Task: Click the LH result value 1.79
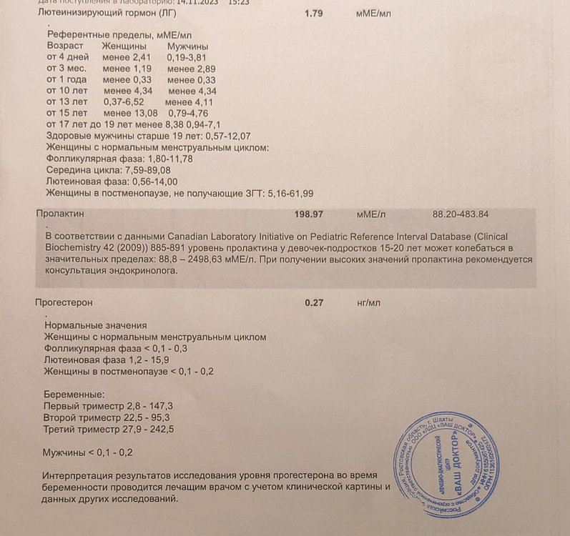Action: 314,14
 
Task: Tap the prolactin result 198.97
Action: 310,214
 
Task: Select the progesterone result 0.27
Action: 314,302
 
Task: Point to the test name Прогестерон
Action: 64,302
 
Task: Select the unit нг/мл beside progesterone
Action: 368,302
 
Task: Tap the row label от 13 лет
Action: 67,102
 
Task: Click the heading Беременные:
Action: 74,394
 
